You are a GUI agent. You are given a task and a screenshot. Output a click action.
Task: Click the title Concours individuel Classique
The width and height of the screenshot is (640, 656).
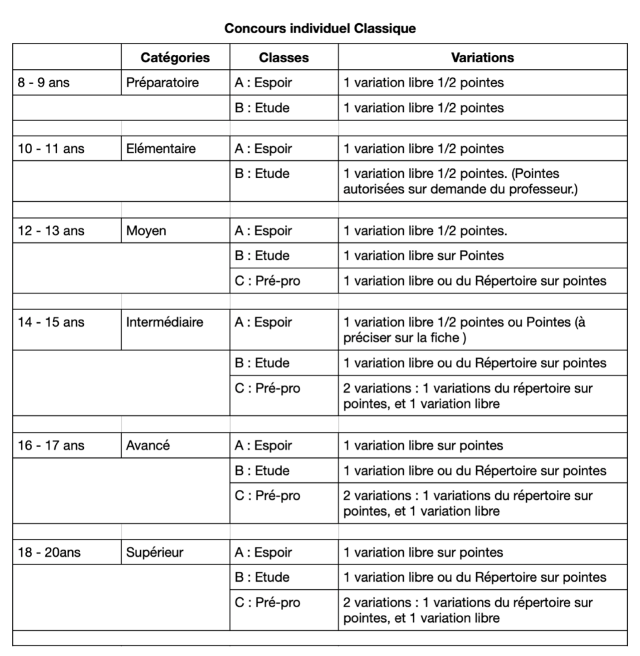point(320,28)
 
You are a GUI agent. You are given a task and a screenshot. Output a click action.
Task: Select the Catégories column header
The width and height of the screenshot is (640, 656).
point(175,58)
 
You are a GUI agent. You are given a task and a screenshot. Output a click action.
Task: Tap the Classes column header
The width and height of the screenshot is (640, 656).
point(284,58)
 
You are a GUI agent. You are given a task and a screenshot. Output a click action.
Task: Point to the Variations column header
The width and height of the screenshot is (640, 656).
point(482,58)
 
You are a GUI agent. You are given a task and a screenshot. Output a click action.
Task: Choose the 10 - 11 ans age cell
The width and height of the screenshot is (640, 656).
point(51,149)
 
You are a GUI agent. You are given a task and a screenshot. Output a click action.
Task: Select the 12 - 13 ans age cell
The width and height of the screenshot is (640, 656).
point(51,231)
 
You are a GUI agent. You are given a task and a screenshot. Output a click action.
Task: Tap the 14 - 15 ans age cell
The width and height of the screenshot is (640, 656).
point(51,323)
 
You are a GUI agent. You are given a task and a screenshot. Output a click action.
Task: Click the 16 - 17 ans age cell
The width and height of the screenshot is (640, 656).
point(51,446)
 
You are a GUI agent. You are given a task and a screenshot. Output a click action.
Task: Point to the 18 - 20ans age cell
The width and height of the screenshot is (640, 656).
point(49,553)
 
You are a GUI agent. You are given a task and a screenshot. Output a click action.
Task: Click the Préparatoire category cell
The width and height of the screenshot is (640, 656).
point(163,83)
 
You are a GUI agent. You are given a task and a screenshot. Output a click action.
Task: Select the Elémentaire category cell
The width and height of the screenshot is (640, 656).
point(161,149)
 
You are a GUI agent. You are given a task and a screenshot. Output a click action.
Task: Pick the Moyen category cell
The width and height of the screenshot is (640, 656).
point(146,231)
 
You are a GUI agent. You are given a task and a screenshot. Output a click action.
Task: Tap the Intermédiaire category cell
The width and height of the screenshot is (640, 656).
point(164,323)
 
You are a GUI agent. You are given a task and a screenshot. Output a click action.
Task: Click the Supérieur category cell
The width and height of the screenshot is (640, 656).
point(155,553)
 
